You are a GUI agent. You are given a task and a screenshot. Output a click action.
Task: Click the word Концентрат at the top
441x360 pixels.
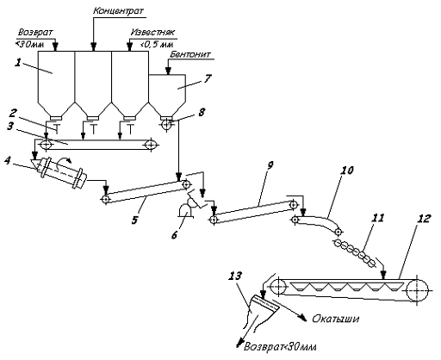[x=118, y=11]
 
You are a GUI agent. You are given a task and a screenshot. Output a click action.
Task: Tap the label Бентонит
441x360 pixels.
[x=190, y=54]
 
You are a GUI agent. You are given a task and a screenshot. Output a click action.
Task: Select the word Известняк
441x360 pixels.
[x=152, y=32]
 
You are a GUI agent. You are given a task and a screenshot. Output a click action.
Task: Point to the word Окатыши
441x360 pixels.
[x=335, y=319]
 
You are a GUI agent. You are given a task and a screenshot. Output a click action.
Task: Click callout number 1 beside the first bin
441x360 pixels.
[x=18, y=63]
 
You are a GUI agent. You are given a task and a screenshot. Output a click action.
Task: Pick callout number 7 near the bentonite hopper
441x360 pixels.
[x=208, y=78]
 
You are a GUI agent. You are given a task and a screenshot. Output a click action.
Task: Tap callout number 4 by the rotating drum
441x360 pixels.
[x=8, y=160]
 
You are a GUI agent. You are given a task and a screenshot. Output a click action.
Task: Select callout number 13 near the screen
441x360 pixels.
[x=235, y=276]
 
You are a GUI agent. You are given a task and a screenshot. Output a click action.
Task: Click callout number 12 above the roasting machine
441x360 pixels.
[x=424, y=219]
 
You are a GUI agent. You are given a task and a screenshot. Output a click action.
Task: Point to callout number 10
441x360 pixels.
[x=347, y=171]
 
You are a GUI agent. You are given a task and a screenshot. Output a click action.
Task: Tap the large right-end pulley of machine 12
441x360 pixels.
[x=417, y=290]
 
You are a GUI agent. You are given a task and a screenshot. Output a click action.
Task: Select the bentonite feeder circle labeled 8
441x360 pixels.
[x=167, y=125]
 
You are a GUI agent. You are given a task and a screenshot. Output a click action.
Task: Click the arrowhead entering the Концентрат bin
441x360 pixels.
[x=93, y=47]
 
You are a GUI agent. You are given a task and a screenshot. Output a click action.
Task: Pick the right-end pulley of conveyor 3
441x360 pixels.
[x=151, y=145]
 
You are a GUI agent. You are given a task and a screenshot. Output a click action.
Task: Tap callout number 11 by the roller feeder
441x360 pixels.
[x=377, y=218]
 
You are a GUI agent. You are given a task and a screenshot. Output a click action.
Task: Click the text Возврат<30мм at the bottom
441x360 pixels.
[x=280, y=347]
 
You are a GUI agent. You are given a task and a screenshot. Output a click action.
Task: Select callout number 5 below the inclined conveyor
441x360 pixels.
[x=134, y=220]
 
